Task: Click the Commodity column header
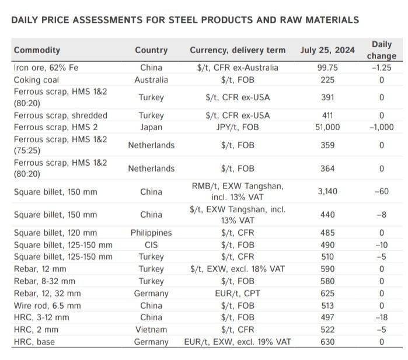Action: pos(37,50)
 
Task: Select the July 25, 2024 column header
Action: pos(327,50)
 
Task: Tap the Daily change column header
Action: pos(382,50)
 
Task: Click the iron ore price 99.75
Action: pos(327,68)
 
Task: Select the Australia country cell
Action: pos(151,79)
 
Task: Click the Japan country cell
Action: pos(151,127)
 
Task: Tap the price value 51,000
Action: pos(327,127)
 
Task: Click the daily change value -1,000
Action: pos(382,127)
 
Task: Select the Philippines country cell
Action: pos(151,233)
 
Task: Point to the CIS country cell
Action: pos(151,245)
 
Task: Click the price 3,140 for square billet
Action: pos(327,191)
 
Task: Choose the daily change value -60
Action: pos(382,191)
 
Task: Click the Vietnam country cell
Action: pos(151,330)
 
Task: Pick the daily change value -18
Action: pos(382,317)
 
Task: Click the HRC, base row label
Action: pos(34,342)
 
